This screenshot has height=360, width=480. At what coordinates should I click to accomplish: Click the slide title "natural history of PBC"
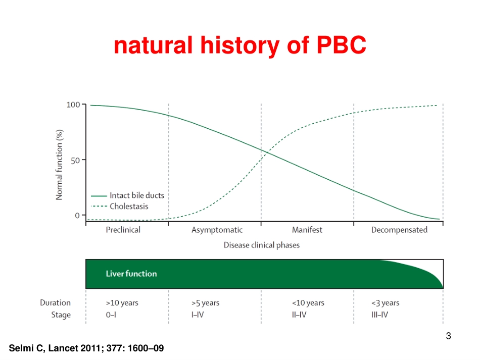pos(239,46)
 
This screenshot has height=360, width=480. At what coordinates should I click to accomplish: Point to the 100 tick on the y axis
pos(73,105)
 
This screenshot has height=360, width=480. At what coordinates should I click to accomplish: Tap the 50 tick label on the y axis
pos(75,160)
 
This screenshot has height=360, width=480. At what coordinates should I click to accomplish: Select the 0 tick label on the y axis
pos(77,215)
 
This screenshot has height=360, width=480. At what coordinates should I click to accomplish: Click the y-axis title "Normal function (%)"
pos(59,164)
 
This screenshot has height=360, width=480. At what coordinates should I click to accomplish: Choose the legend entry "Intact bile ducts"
pos(136,195)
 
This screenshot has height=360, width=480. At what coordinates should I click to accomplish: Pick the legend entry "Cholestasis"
pos(129,206)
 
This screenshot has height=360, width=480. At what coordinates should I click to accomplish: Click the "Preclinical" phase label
pos(123,230)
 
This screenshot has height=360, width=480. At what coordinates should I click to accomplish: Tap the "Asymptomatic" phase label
pos(217,230)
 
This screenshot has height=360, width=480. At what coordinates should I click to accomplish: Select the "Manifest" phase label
pos(307,230)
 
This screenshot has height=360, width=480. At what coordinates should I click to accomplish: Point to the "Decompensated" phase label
pos(399,230)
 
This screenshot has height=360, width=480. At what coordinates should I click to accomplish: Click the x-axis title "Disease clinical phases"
pos(261,245)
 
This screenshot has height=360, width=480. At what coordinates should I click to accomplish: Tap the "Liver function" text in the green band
pos(131,274)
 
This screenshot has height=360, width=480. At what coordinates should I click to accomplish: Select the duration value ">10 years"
pos(122,303)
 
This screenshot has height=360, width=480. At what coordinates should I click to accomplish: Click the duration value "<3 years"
pos(385,303)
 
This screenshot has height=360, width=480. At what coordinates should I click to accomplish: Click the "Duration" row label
pos(56,303)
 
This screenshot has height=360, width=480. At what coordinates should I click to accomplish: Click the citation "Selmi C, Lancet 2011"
pos(86,348)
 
